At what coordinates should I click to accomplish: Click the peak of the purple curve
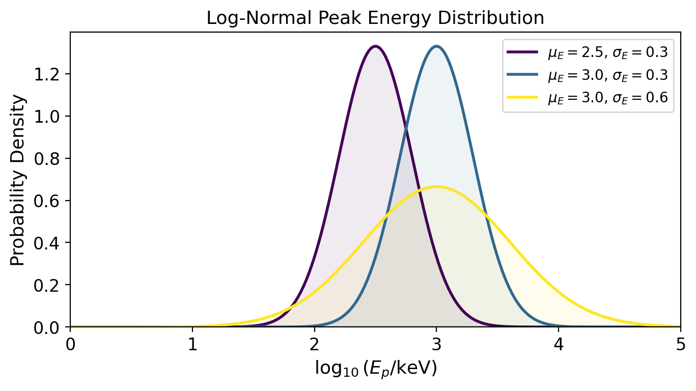[x=375, y=46]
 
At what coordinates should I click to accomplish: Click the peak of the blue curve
[x=436, y=46]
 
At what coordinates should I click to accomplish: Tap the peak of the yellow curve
[x=436, y=186]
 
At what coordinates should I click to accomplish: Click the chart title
[x=375, y=18]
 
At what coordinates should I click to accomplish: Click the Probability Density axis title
[x=18, y=180]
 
